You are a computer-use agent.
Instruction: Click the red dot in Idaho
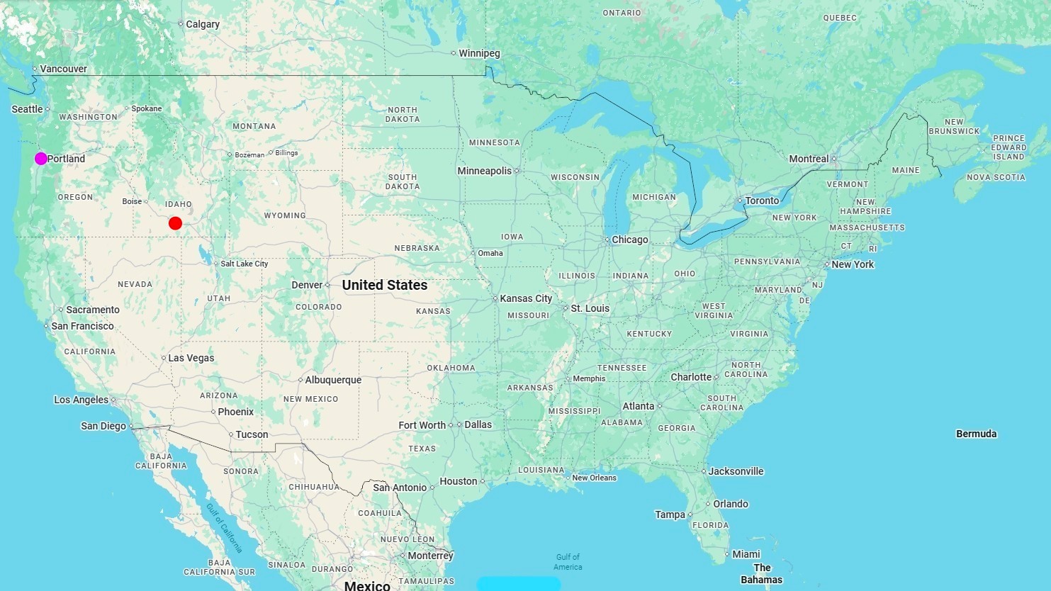[x=175, y=223]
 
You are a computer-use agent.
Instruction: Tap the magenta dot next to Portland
[x=41, y=158]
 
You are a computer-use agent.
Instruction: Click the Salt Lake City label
[x=244, y=264]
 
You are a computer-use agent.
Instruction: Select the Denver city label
[x=307, y=285]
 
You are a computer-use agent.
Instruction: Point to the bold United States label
[x=384, y=285]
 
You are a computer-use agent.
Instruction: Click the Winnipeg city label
[x=479, y=53]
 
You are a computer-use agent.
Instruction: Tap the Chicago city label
[x=629, y=240]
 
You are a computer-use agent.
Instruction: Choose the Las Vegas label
[x=191, y=358]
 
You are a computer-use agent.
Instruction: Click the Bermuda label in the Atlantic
[x=976, y=434]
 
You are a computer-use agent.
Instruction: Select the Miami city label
[x=746, y=554]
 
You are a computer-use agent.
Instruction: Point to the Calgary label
[x=202, y=24]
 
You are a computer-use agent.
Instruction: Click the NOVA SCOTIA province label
[x=996, y=177]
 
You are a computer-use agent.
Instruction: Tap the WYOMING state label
[x=285, y=215]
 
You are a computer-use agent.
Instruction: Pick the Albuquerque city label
[x=332, y=380]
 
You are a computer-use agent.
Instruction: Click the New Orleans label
[x=594, y=478]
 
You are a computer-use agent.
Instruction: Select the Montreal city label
[x=809, y=159]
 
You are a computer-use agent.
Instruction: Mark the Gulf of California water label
[x=224, y=528]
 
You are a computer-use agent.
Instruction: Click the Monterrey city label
[x=430, y=556]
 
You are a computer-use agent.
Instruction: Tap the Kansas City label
[x=525, y=298]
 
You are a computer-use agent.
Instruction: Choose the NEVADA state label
[x=135, y=284]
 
